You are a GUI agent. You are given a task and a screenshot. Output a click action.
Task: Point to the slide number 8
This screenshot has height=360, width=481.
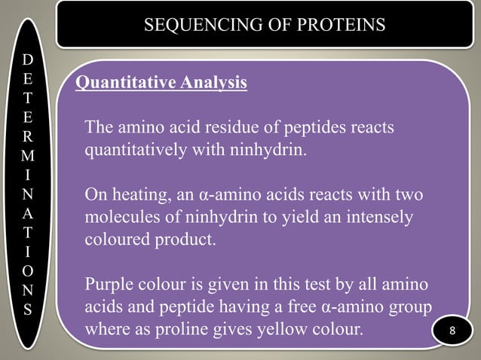coord(453,332)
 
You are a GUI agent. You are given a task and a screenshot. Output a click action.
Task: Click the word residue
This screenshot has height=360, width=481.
coord(231,127)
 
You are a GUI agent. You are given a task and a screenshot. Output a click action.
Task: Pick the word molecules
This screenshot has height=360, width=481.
coord(120,218)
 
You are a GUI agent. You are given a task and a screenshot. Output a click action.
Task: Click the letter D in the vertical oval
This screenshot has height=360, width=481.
coord(27,59)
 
